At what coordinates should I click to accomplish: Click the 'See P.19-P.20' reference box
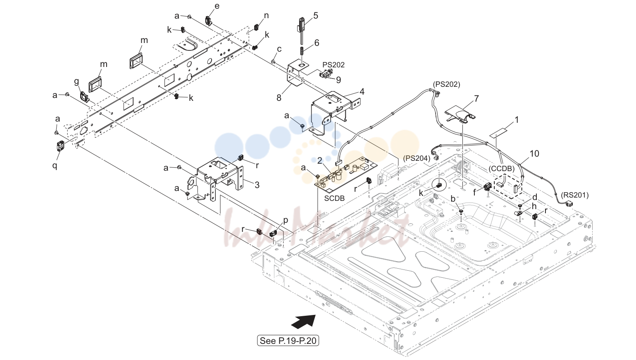pos(288,341)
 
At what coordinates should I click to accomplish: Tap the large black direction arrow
pos(303,322)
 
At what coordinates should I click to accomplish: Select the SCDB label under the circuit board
pos(334,198)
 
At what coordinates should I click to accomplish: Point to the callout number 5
pos(316,16)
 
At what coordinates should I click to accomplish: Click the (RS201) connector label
pos(575,195)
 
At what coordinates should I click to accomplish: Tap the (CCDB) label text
pos(501,169)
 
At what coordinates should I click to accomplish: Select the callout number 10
pos(534,154)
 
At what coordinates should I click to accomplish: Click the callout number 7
pos(476,98)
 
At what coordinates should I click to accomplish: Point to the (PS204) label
pos(417,158)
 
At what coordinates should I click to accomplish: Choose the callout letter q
pos(55,165)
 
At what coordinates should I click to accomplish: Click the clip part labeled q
pos(60,145)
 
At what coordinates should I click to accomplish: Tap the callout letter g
pos(76,82)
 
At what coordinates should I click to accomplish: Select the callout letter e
pos(217,6)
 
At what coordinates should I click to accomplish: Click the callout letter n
pos(266,16)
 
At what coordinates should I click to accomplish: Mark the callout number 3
pos(257,185)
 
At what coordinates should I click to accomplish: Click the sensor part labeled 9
pos(326,74)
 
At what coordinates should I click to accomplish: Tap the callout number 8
pos(279,98)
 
